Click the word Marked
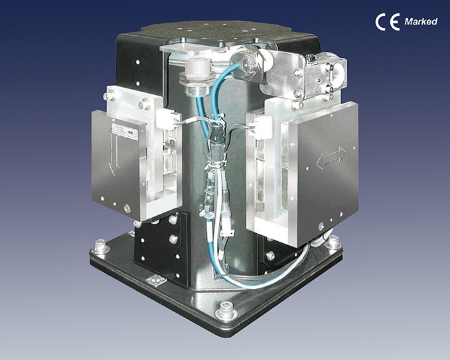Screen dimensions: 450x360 coord(421,21)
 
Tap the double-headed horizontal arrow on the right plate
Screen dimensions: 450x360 coord(331,157)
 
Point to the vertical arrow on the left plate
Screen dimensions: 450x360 coord(113,151)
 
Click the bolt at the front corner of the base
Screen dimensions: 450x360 coord(226,310)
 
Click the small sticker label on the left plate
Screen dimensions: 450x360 coord(125,132)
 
